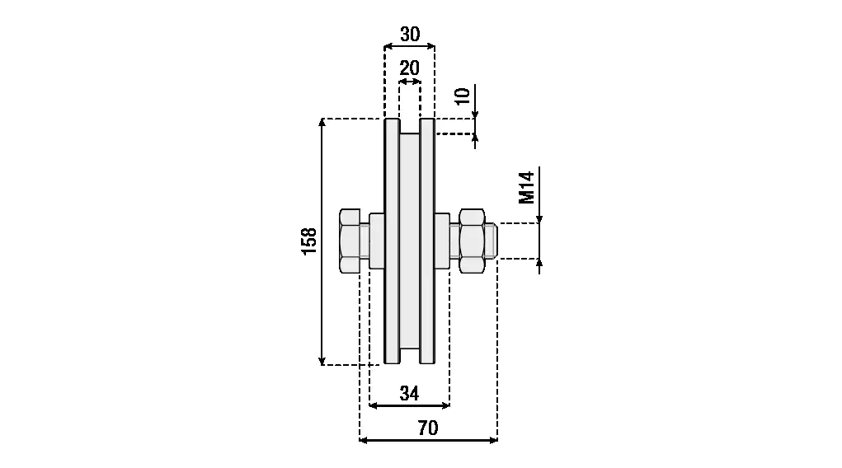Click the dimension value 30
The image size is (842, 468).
point(410,35)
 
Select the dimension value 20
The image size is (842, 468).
point(409,68)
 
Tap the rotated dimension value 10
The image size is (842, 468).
point(463,96)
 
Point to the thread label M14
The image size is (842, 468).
point(527,188)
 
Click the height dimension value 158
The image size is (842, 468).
point(308,241)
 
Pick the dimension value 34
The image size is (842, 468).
point(409,393)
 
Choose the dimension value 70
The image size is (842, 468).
point(428,428)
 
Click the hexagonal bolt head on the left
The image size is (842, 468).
point(350,241)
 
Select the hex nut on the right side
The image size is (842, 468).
point(472,241)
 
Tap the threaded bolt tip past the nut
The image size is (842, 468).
point(491,241)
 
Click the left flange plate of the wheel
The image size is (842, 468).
point(392,241)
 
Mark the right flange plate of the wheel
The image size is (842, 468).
point(427,241)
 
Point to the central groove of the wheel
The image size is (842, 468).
point(410,241)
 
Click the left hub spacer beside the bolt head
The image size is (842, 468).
point(377,241)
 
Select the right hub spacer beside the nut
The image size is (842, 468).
point(442,241)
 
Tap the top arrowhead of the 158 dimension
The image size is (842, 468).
point(322,123)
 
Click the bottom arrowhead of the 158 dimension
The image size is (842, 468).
point(322,361)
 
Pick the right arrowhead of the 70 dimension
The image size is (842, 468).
point(493,440)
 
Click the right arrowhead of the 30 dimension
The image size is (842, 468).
point(430,47)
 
